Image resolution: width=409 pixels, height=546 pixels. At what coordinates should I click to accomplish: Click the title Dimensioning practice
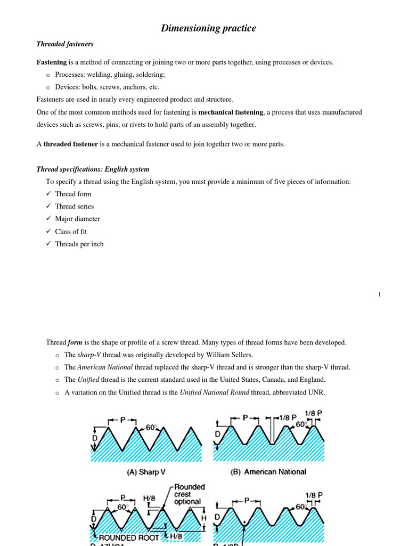pyautogui.click(x=208, y=28)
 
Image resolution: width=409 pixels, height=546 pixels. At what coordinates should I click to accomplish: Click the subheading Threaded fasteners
pyautogui.click(x=64, y=44)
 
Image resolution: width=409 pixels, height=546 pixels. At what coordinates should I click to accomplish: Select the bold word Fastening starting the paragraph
pyautogui.click(x=51, y=62)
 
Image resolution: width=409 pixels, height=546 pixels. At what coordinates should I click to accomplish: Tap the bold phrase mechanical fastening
pyautogui.click(x=231, y=113)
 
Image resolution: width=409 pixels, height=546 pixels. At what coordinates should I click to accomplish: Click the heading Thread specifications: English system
pyautogui.click(x=93, y=170)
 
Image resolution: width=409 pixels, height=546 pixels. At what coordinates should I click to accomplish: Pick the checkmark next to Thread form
pyautogui.click(x=48, y=194)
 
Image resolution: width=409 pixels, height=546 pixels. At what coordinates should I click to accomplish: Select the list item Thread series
pyautogui.click(x=74, y=206)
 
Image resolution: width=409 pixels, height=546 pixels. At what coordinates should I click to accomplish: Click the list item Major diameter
pyautogui.click(x=77, y=219)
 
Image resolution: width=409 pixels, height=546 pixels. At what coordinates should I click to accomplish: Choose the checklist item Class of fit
pyautogui.click(x=71, y=231)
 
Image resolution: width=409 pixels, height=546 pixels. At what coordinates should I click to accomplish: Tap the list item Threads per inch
pyautogui.click(x=79, y=244)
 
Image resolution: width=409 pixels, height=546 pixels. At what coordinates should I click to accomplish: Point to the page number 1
pyautogui.click(x=379, y=295)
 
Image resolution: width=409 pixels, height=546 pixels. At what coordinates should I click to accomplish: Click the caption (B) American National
pyautogui.click(x=268, y=472)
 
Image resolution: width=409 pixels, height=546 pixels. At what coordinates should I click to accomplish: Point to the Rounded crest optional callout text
pyautogui.click(x=187, y=494)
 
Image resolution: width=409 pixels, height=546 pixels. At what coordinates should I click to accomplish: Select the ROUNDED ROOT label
pyautogui.click(x=128, y=538)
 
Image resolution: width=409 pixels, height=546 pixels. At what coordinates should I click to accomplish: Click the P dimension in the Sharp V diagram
pyautogui.click(x=122, y=420)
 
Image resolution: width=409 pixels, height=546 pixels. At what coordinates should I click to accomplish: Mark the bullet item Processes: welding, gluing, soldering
pyautogui.click(x=110, y=75)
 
